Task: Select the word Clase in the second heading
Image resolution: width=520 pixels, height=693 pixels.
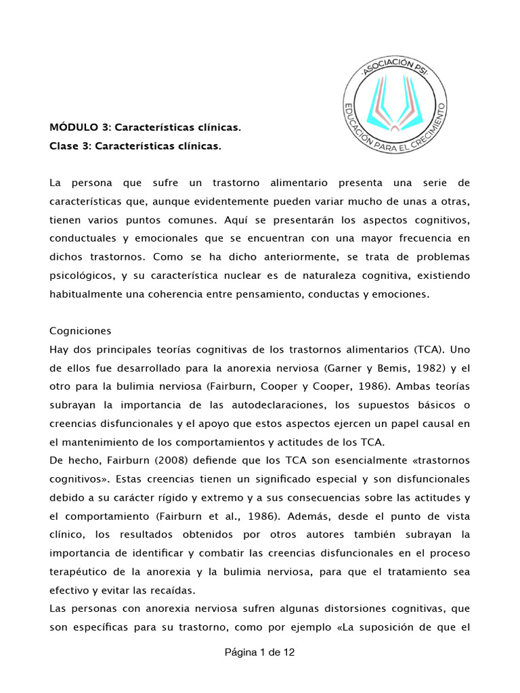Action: pos(65,146)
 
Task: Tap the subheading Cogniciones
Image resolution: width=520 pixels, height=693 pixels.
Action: pos(80,332)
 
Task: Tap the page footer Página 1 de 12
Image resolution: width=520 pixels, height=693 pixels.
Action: pos(259,653)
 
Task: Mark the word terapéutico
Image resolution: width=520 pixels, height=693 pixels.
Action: pos(81,571)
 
